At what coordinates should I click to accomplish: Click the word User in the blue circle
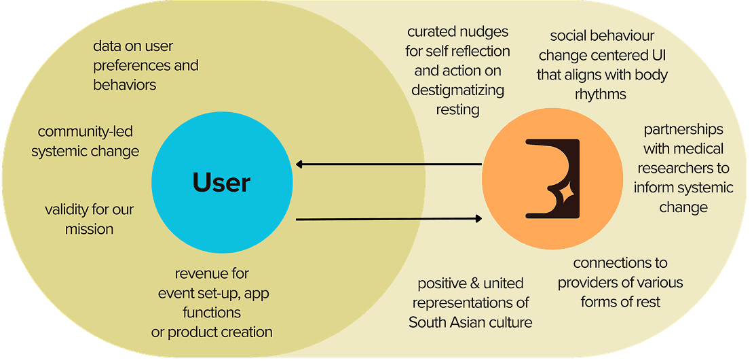(221, 182)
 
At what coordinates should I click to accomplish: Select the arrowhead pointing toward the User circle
(300, 164)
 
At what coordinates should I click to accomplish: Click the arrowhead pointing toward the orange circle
(478, 218)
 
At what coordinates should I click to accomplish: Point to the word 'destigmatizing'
(458, 90)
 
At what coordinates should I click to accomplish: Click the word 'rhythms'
(601, 94)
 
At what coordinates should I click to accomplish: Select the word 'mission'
(89, 229)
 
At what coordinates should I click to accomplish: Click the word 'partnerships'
(683, 129)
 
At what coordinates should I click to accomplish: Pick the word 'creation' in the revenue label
(246, 332)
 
